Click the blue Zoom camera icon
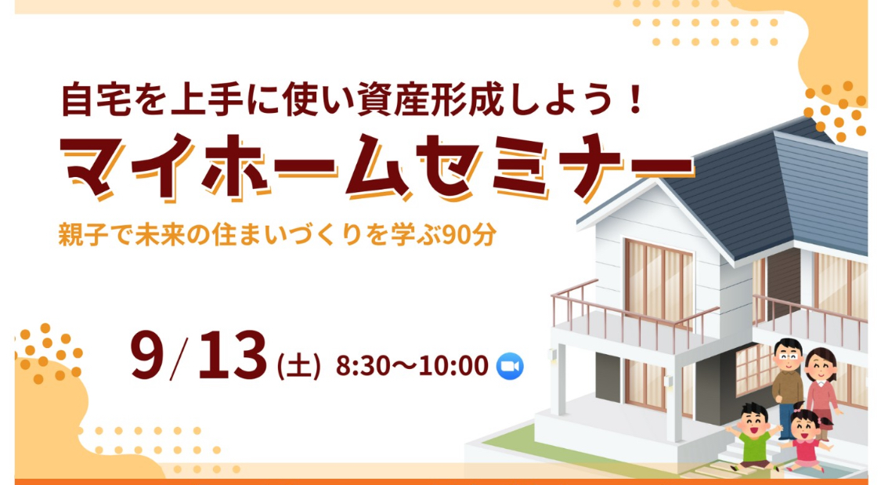510,366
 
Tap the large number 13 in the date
232,355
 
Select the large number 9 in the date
150,355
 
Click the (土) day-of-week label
299,367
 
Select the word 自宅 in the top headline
96,100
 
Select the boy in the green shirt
753,436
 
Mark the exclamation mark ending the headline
636,100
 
